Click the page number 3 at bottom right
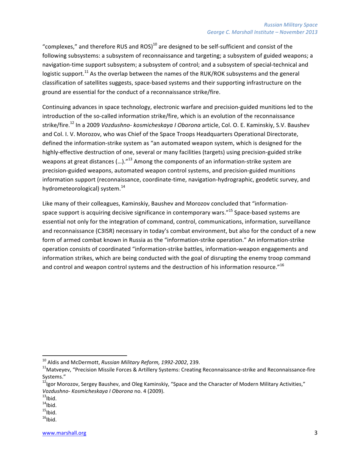pyautogui.click(x=316, y=433)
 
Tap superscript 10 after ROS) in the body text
pyautogui.click(x=155, y=45)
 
